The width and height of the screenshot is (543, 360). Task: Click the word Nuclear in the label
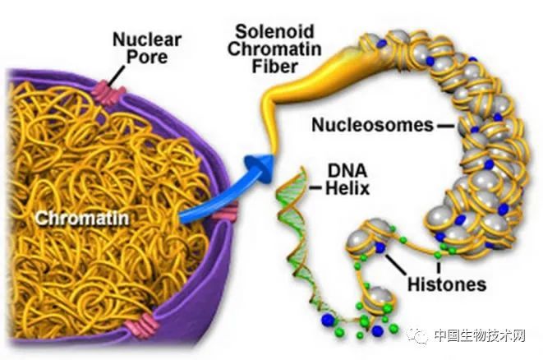[x=147, y=39]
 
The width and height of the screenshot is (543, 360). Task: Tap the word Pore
[x=147, y=57]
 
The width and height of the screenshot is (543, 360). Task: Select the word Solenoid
[x=274, y=31]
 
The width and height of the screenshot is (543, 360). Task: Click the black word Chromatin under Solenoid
[x=274, y=48]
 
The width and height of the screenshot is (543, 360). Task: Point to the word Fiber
[x=274, y=67]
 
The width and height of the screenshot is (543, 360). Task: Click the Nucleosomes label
[x=373, y=125]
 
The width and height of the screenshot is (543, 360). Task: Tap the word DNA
[x=347, y=171]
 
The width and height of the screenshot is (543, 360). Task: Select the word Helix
[x=347, y=188]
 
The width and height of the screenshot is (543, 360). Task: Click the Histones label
[x=447, y=284]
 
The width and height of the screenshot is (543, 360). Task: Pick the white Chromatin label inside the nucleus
[x=82, y=219]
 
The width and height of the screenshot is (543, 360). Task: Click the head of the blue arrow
[x=262, y=168]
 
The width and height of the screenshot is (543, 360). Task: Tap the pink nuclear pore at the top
[x=108, y=92]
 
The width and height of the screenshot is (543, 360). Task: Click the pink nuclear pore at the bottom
[x=141, y=324]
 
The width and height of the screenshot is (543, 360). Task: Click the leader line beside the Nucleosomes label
[x=445, y=126]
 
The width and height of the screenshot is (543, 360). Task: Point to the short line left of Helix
[x=315, y=188]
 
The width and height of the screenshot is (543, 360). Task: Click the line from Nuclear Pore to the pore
[x=117, y=76]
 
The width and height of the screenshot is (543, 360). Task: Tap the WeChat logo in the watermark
[x=418, y=335]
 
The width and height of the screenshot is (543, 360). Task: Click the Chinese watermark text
[x=480, y=335]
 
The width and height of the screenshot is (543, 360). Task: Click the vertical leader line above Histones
[x=439, y=268]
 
